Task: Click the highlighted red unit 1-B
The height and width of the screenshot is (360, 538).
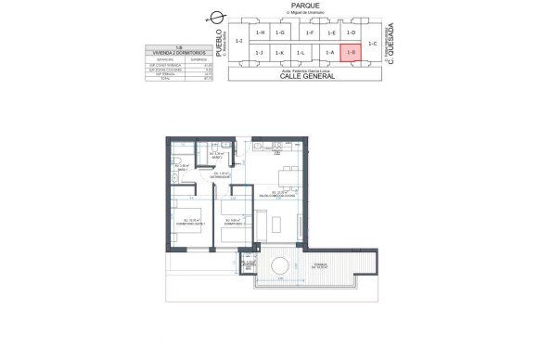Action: pos(351,53)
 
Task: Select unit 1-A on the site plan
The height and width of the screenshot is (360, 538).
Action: pos(329,53)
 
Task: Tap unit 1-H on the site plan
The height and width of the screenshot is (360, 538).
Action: pos(262,33)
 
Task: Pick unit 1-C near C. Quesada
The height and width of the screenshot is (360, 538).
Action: pos(373,43)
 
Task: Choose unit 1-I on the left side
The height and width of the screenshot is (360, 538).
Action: pos(239,42)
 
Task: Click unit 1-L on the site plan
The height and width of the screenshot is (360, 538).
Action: pos(301,53)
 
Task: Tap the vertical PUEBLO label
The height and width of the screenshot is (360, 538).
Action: pos(219,42)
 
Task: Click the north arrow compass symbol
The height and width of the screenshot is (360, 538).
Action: pos(217,16)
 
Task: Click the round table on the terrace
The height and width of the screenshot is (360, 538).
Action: pos(278,266)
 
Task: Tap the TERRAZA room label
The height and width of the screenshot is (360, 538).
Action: pos(321,265)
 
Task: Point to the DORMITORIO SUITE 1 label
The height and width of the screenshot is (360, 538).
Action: pos(189,223)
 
